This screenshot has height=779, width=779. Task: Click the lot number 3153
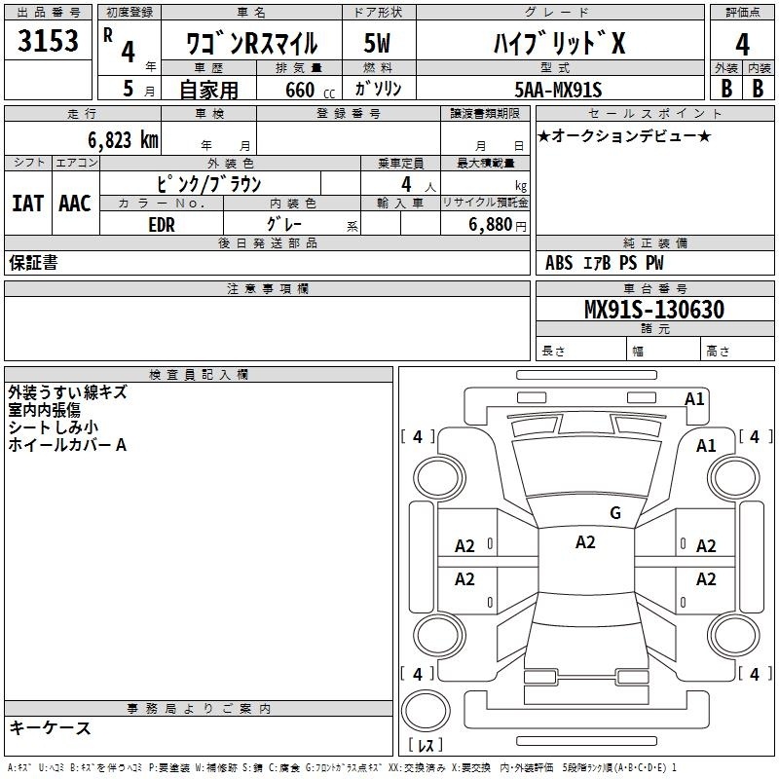[x=48, y=41]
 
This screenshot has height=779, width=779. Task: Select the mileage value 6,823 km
[x=124, y=140]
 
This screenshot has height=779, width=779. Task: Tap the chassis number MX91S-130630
[x=654, y=309]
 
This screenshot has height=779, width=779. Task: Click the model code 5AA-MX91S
[x=558, y=90]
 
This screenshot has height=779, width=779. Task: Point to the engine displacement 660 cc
[x=310, y=91]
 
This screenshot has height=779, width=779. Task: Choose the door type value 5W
[x=377, y=43]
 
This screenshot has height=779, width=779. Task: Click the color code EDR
[x=162, y=225]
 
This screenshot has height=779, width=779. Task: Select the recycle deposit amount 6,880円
[x=498, y=225]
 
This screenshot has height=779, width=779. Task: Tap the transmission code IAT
[x=27, y=204]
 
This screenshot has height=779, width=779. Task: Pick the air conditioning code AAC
[x=75, y=204]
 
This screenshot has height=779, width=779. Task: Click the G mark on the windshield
[x=615, y=512]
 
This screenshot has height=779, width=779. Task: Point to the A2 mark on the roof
[x=585, y=542]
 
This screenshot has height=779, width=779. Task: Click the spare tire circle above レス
[x=426, y=711]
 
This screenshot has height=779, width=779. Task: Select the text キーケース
[x=50, y=727]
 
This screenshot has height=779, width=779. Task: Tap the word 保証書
[x=33, y=262]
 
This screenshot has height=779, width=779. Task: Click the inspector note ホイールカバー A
[x=67, y=445]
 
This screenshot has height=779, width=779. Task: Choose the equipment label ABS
[x=559, y=263]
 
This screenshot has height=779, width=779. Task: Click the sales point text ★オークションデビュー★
[x=624, y=135]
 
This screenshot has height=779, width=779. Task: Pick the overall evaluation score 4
[x=742, y=45]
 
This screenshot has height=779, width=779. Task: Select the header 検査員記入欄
[x=199, y=375]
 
